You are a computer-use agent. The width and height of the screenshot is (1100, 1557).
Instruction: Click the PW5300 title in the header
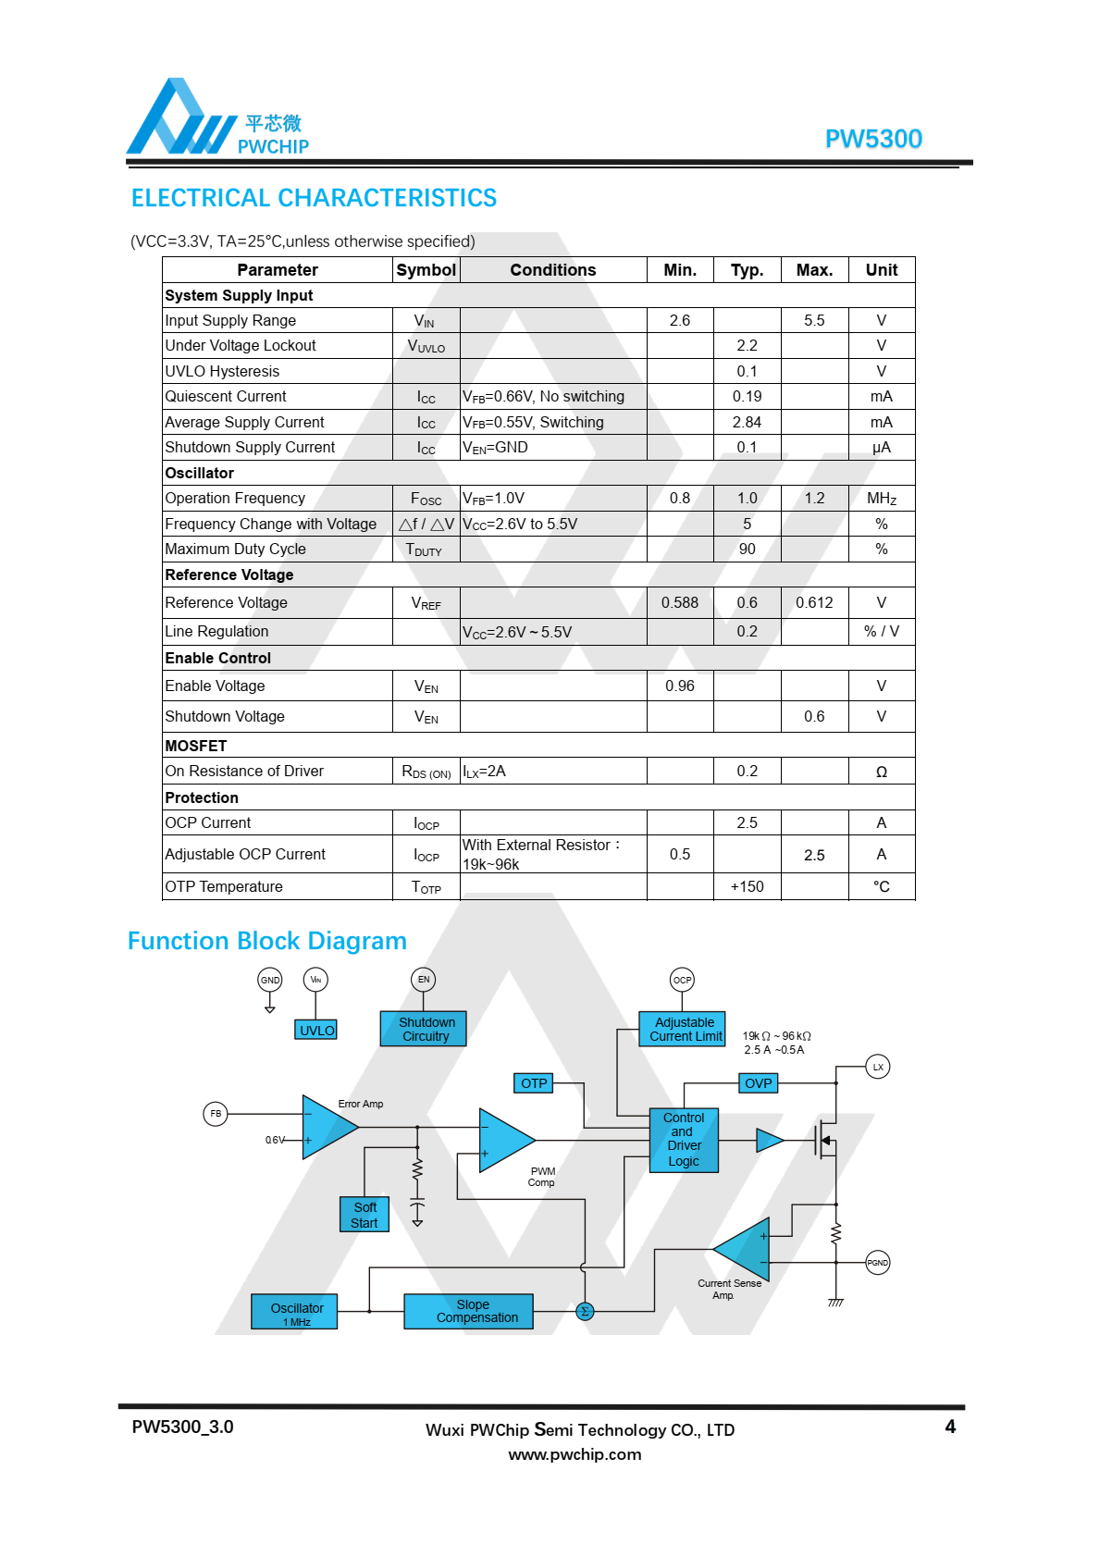[872, 139]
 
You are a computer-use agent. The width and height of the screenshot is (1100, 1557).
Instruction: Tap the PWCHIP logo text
[273, 146]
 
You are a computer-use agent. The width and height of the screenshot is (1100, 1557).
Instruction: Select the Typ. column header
[747, 270]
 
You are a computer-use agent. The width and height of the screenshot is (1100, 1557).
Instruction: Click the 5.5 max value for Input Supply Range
[814, 320]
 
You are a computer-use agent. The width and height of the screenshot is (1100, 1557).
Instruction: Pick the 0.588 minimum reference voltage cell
[680, 602]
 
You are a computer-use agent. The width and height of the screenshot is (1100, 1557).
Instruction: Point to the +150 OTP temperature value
[747, 886]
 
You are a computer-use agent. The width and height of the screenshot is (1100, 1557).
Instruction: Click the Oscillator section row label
[200, 473]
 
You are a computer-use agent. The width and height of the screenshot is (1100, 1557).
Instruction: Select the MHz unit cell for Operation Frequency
[881, 499]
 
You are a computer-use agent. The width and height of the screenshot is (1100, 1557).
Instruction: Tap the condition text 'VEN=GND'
[496, 448]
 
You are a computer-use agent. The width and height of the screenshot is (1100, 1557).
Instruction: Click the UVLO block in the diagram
[316, 1031]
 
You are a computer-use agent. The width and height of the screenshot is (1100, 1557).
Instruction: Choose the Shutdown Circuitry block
[424, 1029]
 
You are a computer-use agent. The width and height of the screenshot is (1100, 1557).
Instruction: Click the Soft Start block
[365, 1215]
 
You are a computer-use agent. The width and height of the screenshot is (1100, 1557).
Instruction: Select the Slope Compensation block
[469, 1311]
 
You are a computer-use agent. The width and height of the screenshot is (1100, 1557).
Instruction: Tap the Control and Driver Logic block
[684, 1140]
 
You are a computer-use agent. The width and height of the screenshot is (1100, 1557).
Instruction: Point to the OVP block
[758, 1083]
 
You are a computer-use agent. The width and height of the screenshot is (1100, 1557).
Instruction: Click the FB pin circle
[216, 1114]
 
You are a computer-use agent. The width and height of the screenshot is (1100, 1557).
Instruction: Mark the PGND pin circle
[877, 1263]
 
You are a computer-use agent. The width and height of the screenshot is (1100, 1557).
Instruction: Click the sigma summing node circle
[585, 1311]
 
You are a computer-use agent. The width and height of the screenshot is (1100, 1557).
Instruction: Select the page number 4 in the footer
[950, 1427]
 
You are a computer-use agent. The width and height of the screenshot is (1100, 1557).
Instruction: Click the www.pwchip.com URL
[575, 1454]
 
